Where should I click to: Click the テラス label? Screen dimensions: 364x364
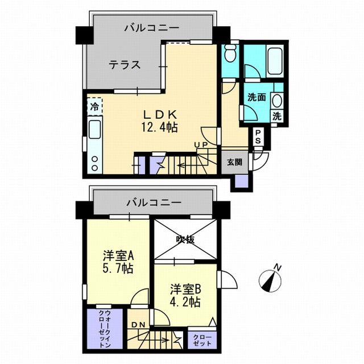click(x=125, y=65)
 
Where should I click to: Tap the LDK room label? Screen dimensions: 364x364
click(x=153, y=113)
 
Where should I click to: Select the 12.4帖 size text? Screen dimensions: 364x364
click(x=153, y=127)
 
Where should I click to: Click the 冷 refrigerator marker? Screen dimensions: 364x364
click(x=94, y=106)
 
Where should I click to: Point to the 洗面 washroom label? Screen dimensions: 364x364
click(x=256, y=97)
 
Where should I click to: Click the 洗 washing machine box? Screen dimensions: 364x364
click(x=277, y=115)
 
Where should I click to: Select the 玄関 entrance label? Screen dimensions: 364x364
click(x=234, y=162)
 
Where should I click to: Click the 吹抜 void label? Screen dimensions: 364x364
click(x=185, y=239)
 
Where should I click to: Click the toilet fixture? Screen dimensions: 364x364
click(x=230, y=55)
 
